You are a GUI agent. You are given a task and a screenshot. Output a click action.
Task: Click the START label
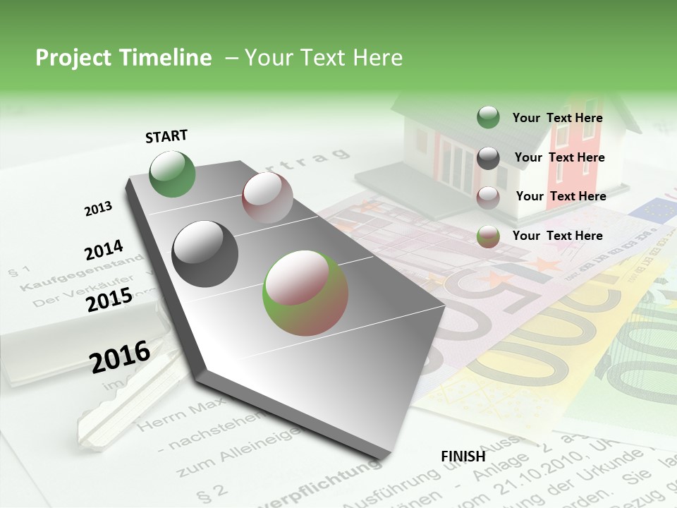point(166,136)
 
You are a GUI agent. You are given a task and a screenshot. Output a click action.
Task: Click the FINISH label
point(463,456)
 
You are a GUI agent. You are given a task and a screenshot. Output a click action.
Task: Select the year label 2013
point(98,209)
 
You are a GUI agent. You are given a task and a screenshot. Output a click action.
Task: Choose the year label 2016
point(120,357)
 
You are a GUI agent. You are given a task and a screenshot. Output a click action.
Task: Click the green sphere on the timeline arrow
point(173,174)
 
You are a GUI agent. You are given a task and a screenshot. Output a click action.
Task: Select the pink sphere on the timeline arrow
point(267,198)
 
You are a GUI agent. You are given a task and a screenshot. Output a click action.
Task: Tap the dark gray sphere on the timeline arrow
point(205,253)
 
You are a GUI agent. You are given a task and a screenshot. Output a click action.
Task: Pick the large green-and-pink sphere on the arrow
point(305,293)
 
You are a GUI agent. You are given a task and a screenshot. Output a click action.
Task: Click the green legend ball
point(488,118)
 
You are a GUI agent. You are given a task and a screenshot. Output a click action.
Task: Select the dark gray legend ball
point(488,158)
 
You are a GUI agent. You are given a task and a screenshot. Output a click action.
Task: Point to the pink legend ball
point(488,197)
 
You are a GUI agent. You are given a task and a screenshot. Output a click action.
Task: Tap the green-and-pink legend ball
point(488,236)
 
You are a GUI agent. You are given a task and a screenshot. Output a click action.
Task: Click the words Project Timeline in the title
point(123,58)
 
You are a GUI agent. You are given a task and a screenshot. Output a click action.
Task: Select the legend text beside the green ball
point(557,118)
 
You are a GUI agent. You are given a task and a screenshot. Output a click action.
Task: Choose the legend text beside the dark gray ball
point(559,157)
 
